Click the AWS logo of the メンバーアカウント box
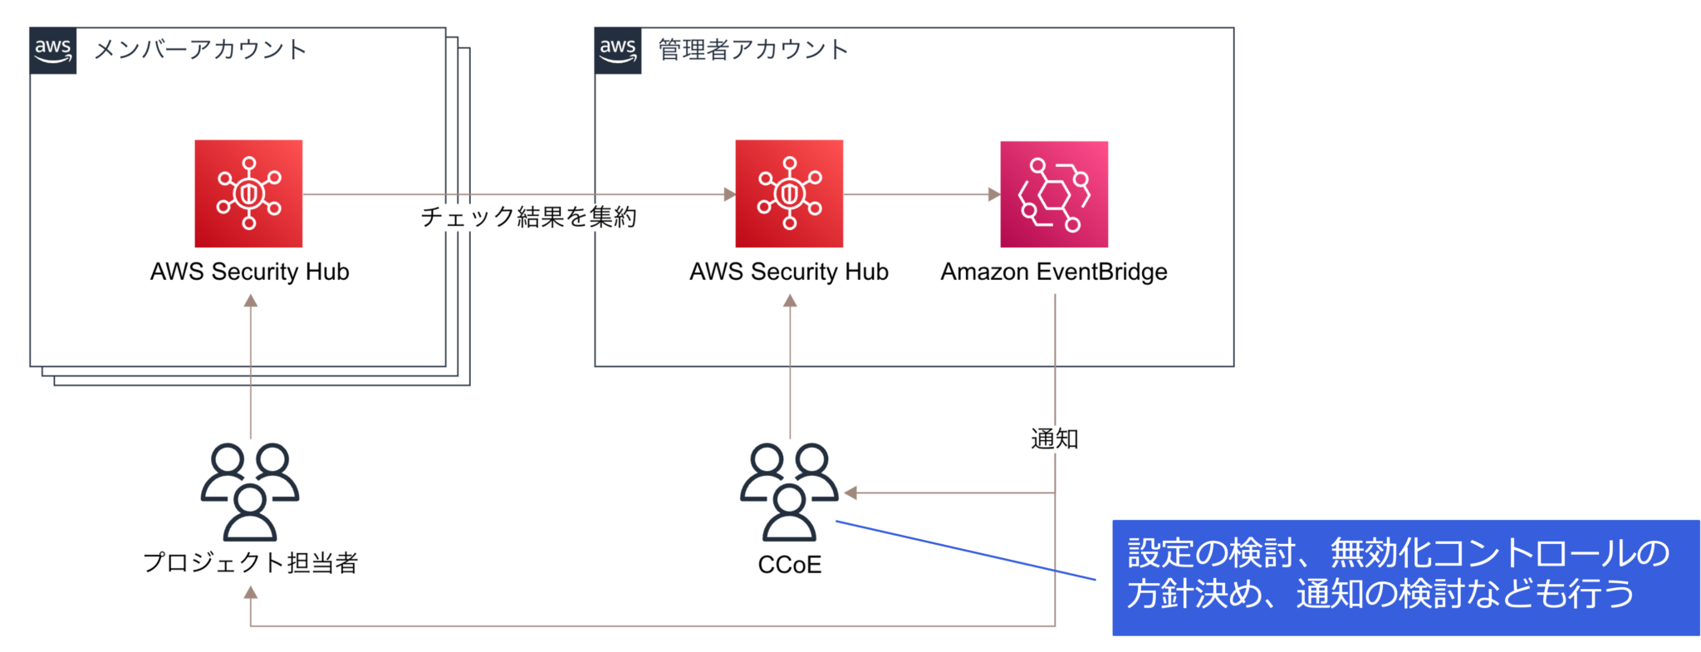[x=53, y=51]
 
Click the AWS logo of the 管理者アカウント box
[x=618, y=51]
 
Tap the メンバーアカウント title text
[x=200, y=50]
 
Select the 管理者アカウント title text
[x=753, y=50]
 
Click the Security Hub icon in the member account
[x=248, y=194]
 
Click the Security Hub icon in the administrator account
[x=789, y=194]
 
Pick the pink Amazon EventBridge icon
[x=1054, y=194]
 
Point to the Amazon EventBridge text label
[x=1054, y=272]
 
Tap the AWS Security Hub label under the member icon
[x=249, y=272]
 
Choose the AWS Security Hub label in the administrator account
[x=789, y=272]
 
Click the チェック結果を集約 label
[x=528, y=217]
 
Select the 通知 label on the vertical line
[x=1054, y=439]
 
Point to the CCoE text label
[x=789, y=565]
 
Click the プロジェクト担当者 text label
[x=250, y=562]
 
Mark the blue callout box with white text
[x=1405, y=577]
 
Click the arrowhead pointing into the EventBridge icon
[x=993, y=194]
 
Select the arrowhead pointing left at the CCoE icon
[x=850, y=493]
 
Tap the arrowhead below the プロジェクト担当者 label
[x=251, y=592]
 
